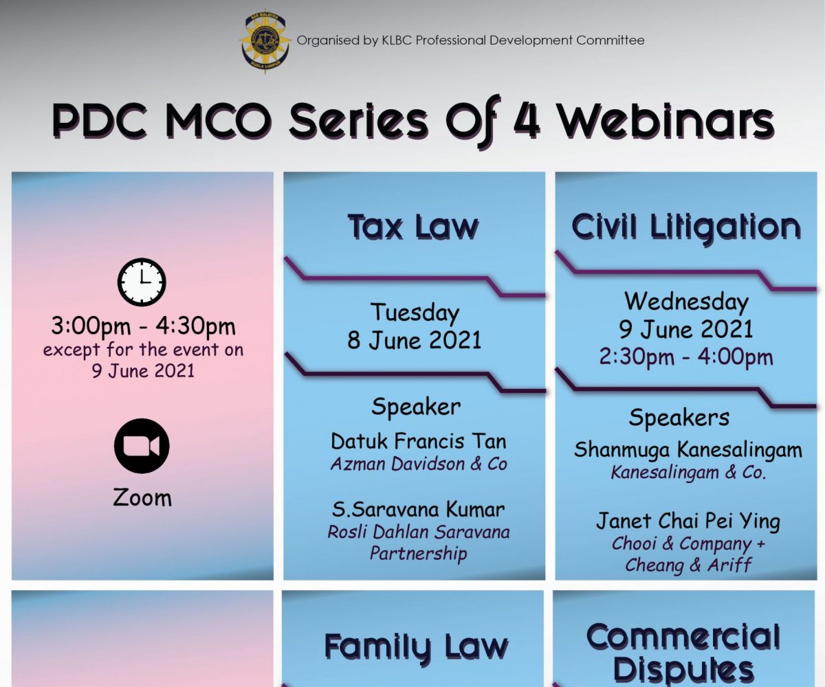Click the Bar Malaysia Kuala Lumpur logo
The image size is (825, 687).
click(265, 41)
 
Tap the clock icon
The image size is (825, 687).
click(142, 282)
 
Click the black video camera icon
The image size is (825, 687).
click(142, 446)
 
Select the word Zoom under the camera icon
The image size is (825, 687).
click(142, 497)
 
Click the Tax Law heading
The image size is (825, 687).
click(413, 227)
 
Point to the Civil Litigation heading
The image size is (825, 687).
click(686, 227)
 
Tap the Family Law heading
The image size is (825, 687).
click(416, 646)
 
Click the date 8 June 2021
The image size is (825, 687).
click(414, 340)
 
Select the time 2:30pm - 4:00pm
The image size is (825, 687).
click(686, 357)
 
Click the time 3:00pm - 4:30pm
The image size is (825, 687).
click(143, 326)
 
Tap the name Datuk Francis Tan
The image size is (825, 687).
click(419, 441)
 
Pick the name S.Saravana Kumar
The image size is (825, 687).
click(419, 509)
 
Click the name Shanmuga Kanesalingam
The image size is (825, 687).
click(688, 450)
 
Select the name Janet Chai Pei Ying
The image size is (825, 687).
click(688, 522)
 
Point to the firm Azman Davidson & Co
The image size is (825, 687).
click(419, 464)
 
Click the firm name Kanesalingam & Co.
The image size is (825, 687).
click(688, 473)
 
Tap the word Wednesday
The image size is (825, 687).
click(686, 302)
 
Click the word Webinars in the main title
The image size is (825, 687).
click(667, 121)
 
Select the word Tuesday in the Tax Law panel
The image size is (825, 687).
click(415, 313)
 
